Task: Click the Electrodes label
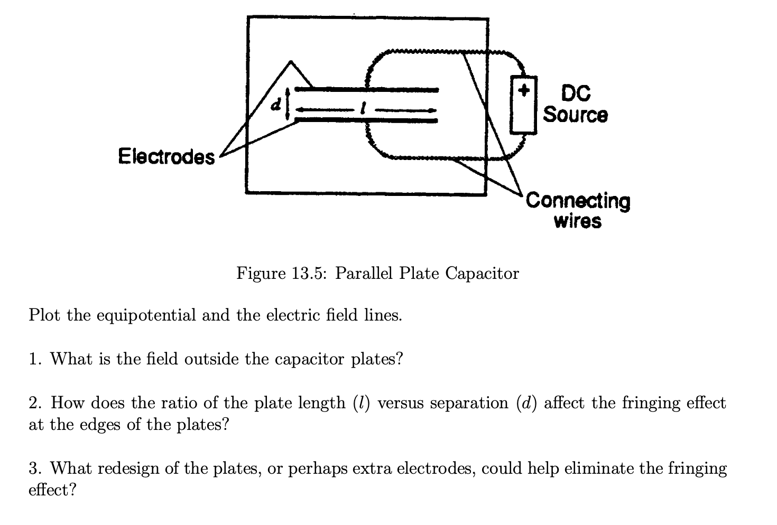(x=166, y=156)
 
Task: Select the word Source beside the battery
(x=576, y=114)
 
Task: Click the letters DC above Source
(x=576, y=94)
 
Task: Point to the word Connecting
(x=578, y=201)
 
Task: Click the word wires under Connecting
(x=577, y=221)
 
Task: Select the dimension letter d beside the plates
(x=274, y=105)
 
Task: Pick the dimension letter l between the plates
(x=361, y=110)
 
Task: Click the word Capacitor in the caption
(x=482, y=274)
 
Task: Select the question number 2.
(x=34, y=403)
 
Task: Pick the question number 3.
(x=34, y=468)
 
